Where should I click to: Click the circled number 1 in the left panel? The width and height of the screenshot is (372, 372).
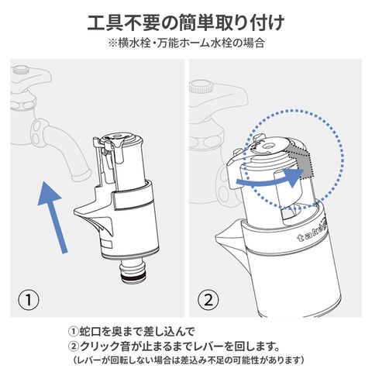pyautogui.click(x=29, y=300)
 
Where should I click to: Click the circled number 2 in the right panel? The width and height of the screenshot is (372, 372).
pyautogui.click(x=208, y=300)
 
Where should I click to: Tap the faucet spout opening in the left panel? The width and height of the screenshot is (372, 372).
pyautogui.click(x=81, y=175)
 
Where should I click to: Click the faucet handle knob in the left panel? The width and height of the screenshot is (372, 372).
pyautogui.click(x=22, y=70)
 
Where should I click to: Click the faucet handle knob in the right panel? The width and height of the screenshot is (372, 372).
pyautogui.click(x=201, y=87)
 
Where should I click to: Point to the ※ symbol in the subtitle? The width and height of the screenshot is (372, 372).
pyautogui.click(x=113, y=43)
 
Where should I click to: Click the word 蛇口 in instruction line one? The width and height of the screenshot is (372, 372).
pyautogui.click(x=88, y=332)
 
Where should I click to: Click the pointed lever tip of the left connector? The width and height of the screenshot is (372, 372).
pyautogui.click(x=75, y=212)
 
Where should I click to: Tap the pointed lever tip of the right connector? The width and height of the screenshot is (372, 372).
pyautogui.click(x=217, y=236)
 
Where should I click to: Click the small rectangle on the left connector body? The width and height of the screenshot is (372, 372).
pyautogui.click(x=107, y=244)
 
